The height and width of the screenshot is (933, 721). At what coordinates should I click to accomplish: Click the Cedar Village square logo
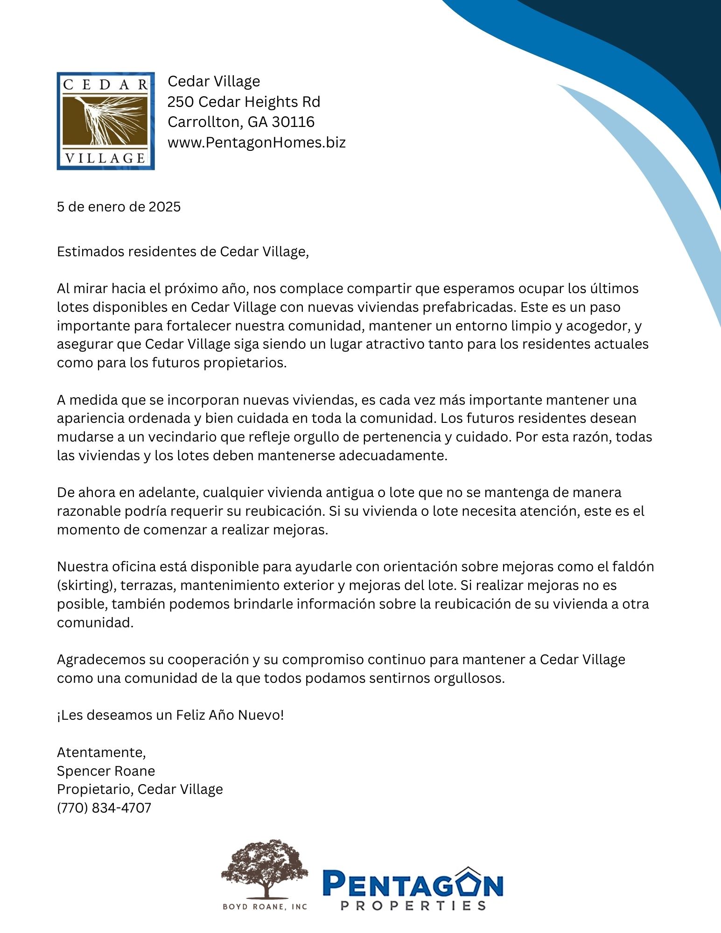pyautogui.click(x=105, y=121)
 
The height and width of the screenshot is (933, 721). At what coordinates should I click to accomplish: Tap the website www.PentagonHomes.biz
pyautogui.click(x=256, y=142)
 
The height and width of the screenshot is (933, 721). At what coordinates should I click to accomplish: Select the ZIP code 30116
pyautogui.click(x=293, y=122)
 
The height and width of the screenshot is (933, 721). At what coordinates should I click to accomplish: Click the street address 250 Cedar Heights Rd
pyautogui.click(x=244, y=102)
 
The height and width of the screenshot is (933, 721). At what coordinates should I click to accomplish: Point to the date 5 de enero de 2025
pyautogui.click(x=119, y=207)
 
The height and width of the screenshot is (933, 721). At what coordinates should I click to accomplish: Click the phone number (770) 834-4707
pyautogui.click(x=104, y=808)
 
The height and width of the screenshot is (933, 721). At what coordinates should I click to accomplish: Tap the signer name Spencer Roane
pyautogui.click(x=106, y=771)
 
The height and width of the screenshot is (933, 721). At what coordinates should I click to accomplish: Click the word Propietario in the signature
pyautogui.click(x=96, y=789)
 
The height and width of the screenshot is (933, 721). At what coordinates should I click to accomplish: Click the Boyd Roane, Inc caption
pyautogui.click(x=265, y=907)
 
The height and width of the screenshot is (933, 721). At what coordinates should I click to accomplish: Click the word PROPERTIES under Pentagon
pyautogui.click(x=413, y=906)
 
